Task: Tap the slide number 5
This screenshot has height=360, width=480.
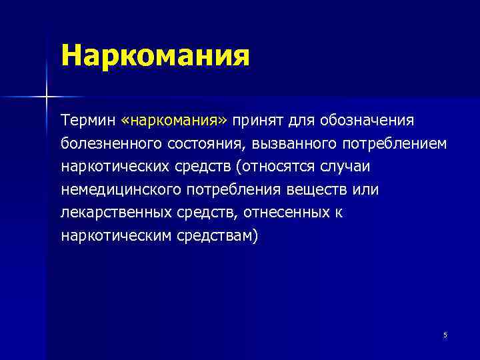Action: pos(445,335)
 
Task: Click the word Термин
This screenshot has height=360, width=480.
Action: pos(88,121)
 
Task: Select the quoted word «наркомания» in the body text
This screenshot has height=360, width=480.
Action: pos(175,121)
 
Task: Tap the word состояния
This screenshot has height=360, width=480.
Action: pos(206,144)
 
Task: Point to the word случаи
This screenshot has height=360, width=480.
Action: pos(341,167)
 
